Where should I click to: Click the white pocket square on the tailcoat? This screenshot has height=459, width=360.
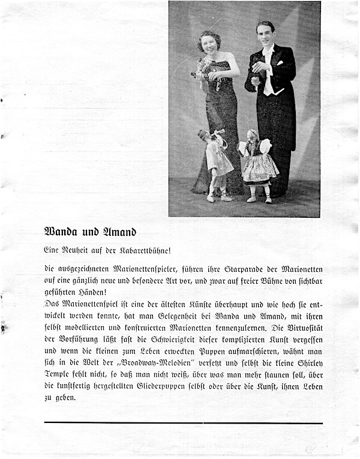point(279,62)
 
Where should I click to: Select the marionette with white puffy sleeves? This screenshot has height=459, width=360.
point(259,162)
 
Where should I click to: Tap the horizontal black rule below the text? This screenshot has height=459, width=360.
point(183,423)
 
